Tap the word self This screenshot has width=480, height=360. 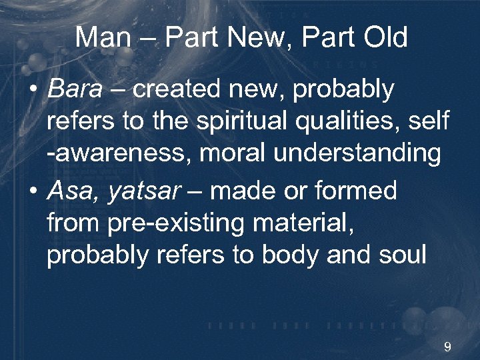click(x=431, y=122)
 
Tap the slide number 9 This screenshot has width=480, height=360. click(x=447, y=347)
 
